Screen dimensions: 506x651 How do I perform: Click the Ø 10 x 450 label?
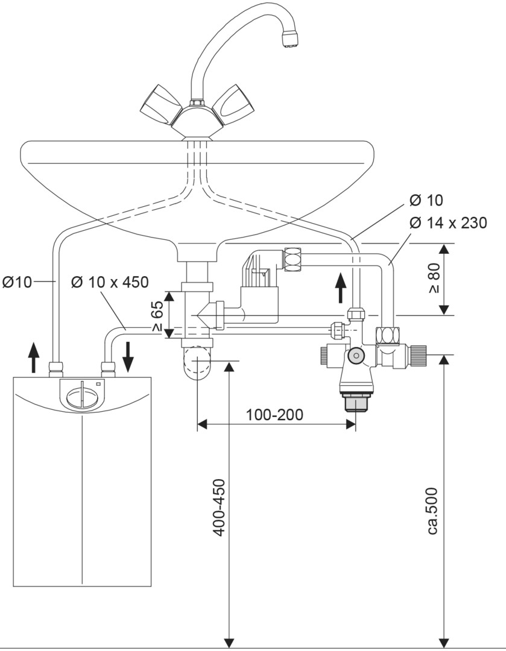(x=110, y=282)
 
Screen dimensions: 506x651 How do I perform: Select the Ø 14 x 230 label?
(x=448, y=223)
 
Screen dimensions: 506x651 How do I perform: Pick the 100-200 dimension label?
(x=274, y=414)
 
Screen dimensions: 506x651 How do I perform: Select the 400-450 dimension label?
(x=220, y=508)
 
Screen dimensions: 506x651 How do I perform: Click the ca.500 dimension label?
(x=432, y=511)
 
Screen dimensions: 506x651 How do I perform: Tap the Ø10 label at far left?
(x=17, y=282)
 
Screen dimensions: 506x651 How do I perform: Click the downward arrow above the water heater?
(x=128, y=357)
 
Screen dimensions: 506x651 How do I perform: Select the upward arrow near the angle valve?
(x=341, y=288)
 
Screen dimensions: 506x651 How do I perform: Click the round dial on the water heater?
(x=81, y=397)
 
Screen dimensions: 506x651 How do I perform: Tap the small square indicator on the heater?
(x=98, y=384)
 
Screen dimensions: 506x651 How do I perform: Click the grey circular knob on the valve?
(x=356, y=356)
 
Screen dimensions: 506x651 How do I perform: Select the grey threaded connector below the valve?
(x=355, y=402)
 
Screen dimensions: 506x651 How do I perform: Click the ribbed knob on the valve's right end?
(x=418, y=355)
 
